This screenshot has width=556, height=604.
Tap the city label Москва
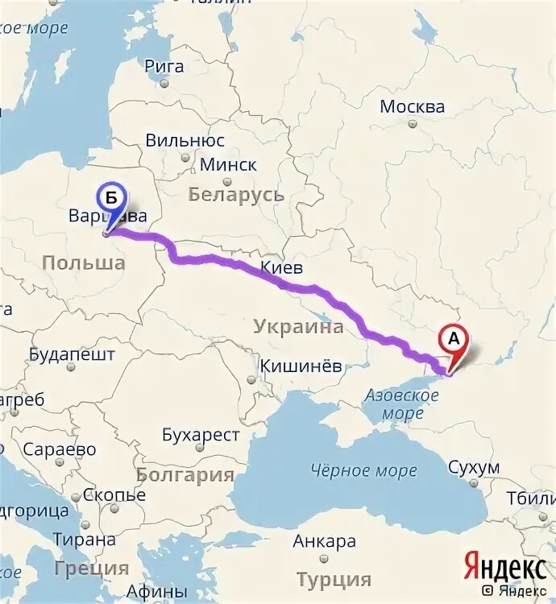click(x=412, y=107)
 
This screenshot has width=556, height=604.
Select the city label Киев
click(x=281, y=268)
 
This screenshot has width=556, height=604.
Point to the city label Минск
click(x=228, y=165)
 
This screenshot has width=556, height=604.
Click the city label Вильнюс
click(x=185, y=139)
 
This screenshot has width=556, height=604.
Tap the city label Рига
click(x=164, y=67)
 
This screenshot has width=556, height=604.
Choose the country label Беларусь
click(x=235, y=195)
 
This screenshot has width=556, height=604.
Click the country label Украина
click(x=298, y=326)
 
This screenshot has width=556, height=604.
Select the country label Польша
click(x=77, y=263)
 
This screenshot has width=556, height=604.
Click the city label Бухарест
click(x=201, y=436)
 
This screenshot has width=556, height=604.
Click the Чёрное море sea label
click(x=363, y=470)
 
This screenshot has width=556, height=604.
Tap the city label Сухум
click(x=474, y=468)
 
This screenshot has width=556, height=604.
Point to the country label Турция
click(x=334, y=579)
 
